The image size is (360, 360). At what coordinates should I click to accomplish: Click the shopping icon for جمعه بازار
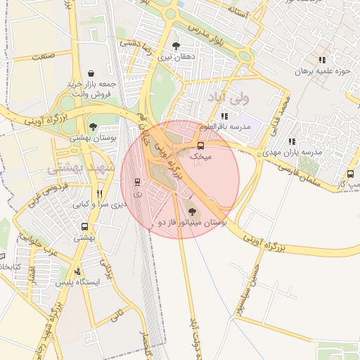(91, 73)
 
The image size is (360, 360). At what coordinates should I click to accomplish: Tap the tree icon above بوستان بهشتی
(93, 127)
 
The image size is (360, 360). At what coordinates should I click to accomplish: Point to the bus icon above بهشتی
(85, 226)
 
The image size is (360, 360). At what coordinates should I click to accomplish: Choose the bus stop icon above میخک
(200, 146)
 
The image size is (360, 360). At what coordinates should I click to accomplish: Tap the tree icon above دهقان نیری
(176, 46)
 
